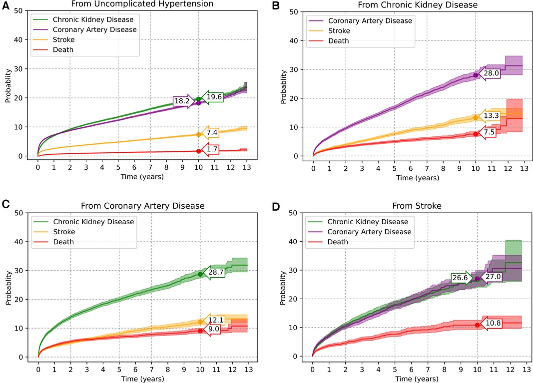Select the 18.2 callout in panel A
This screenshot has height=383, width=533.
click(x=182, y=101)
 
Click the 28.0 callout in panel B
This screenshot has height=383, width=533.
click(x=491, y=73)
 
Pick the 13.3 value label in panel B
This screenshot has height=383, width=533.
click(x=491, y=116)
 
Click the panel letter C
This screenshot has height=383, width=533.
click(x=5, y=204)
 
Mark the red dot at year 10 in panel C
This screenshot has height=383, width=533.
click(x=200, y=331)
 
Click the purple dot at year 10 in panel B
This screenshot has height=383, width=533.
click(x=476, y=75)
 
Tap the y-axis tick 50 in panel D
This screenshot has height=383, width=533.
click(x=301, y=213)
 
